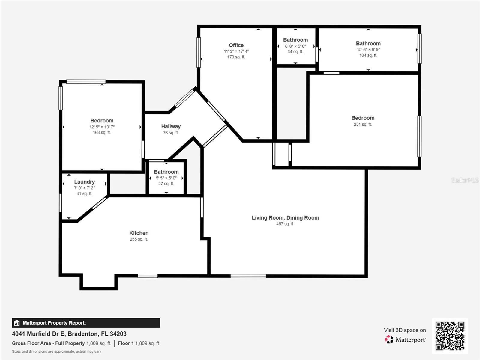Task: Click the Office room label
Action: tap(236, 45)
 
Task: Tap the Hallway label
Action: tap(171, 126)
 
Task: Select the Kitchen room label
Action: tap(139, 233)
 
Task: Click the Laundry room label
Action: tap(84, 182)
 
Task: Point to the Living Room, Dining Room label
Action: tap(285, 218)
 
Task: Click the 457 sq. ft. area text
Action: tap(285, 224)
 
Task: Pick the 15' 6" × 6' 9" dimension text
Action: tap(368, 50)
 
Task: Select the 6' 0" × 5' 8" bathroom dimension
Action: tap(295, 46)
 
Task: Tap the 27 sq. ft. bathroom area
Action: tap(166, 184)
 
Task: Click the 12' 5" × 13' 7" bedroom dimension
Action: tap(102, 127)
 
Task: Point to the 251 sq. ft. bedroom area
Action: tap(363, 124)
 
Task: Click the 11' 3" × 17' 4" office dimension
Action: tap(236, 51)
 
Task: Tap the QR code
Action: tap(450, 336)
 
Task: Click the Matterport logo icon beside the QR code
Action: tap(389, 340)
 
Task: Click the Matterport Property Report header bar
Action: tap(86, 323)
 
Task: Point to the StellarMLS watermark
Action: tap(465, 180)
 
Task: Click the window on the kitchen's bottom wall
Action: tap(148, 276)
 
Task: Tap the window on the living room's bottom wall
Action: tap(248, 276)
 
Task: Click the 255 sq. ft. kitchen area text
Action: tap(139, 239)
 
